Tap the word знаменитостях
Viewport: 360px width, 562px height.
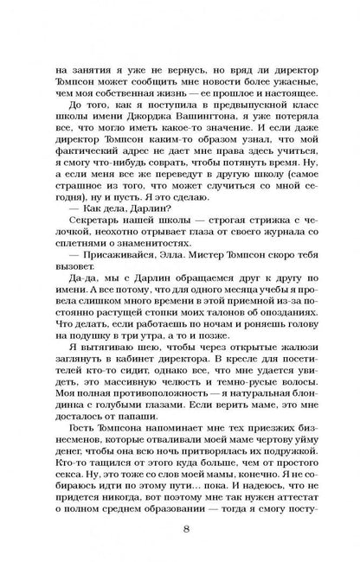155,238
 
